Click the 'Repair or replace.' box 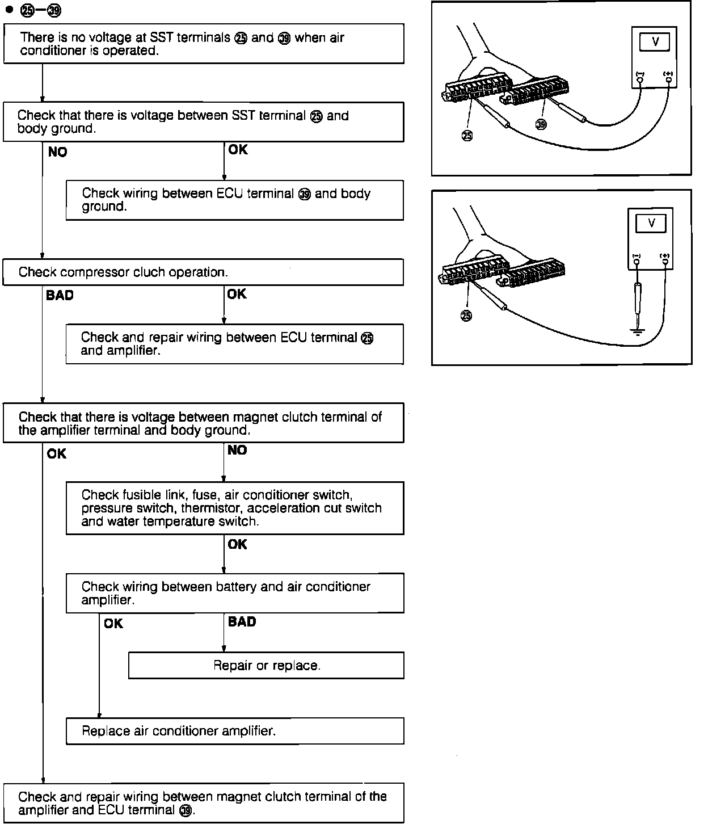coord(266,665)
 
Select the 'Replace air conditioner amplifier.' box coord(235,731)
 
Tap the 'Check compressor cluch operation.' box coord(203,272)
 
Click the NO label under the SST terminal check coord(58,152)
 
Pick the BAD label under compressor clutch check coord(60,296)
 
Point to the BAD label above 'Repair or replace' coord(242,621)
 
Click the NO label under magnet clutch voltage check coord(237,450)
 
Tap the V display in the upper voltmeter coord(655,42)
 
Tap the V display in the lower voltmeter coord(651,223)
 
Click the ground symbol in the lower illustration coord(638,331)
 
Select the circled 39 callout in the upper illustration coord(541,125)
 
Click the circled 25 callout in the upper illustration coord(467,136)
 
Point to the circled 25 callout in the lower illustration coord(466,316)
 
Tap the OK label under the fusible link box coord(237,544)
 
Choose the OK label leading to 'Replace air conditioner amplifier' coord(113,624)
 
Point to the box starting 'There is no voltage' coord(204,44)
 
